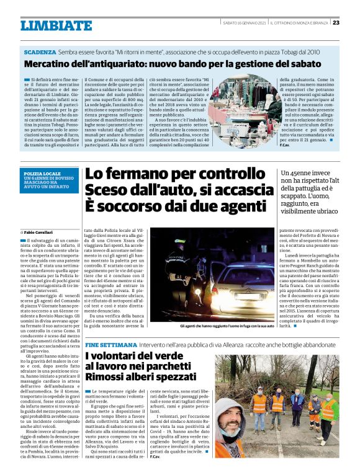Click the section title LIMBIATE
pos(56,25)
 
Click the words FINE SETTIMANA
pos(107,344)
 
